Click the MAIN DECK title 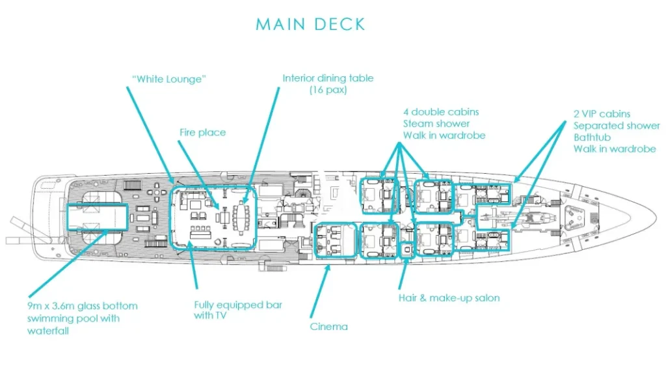(x=310, y=25)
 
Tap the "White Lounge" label (x=168, y=79)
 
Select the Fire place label (x=202, y=132)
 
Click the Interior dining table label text (x=328, y=78)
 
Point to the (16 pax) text (x=328, y=90)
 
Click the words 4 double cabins (x=440, y=112)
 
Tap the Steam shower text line (x=436, y=124)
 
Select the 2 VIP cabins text (x=602, y=114)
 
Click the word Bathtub (x=592, y=137)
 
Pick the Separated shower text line (x=617, y=126)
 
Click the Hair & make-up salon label (x=449, y=298)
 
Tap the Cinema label (x=328, y=326)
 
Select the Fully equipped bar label (x=238, y=305)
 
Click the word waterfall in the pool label (x=48, y=330)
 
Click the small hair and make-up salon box (x=406, y=251)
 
